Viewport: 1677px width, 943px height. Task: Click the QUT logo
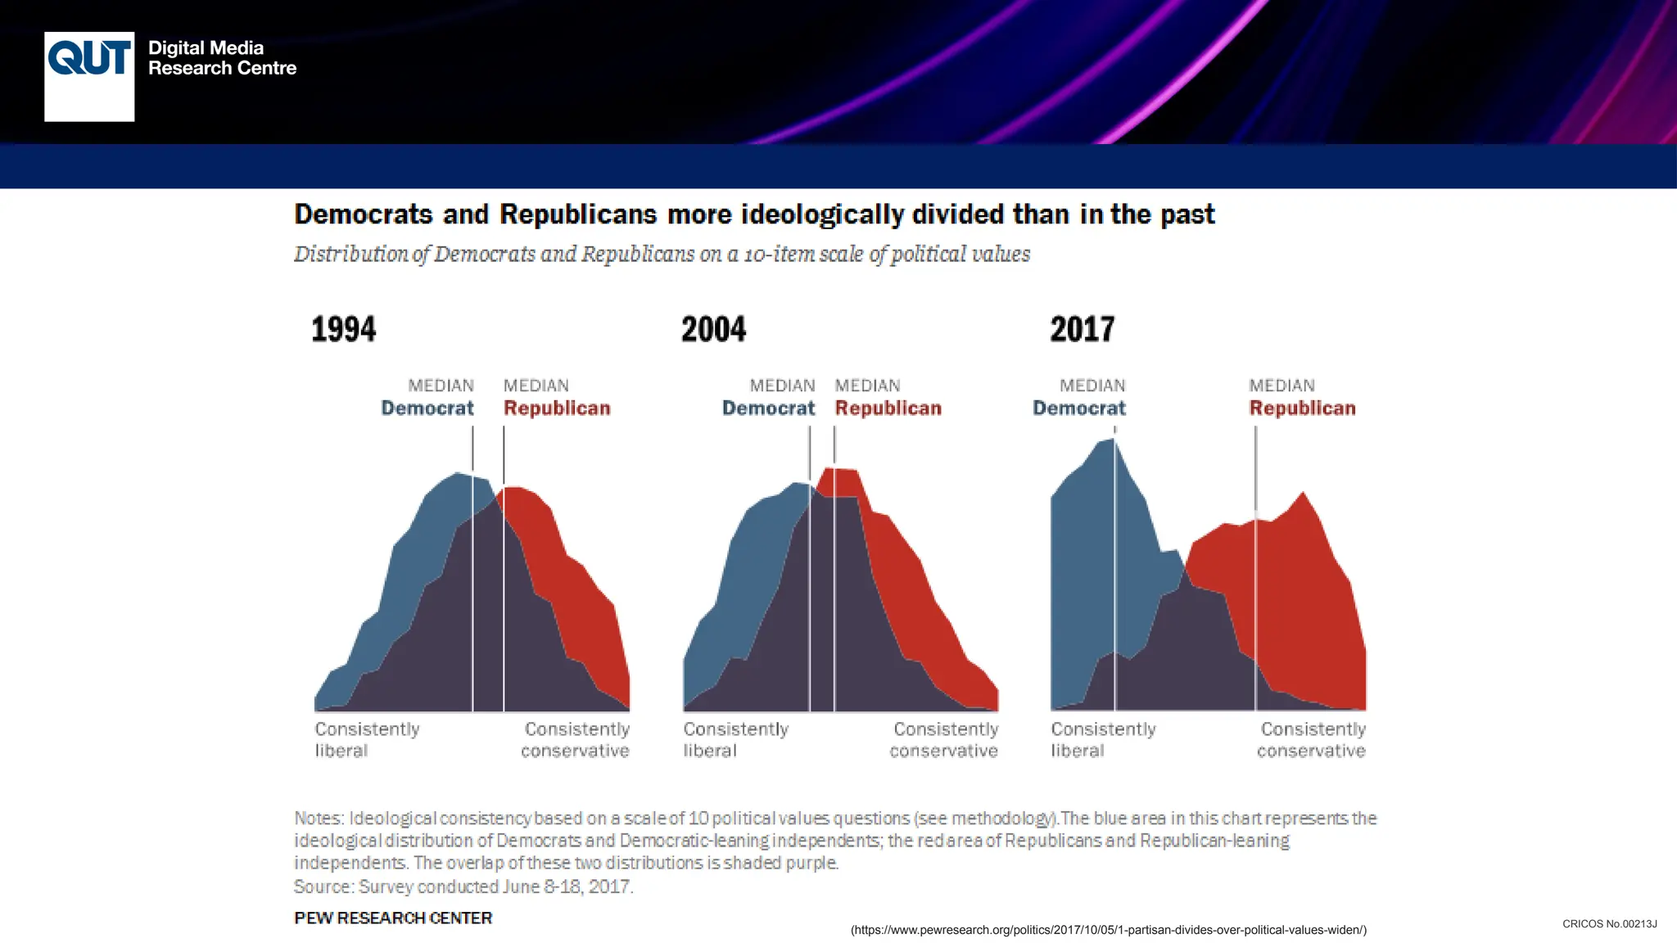[89, 76]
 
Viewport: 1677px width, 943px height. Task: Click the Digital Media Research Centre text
[222, 58]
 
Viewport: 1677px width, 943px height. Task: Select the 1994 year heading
[343, 329]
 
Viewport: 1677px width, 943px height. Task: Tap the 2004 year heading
[713, 329]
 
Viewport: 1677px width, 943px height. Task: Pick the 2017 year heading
[1082, 329]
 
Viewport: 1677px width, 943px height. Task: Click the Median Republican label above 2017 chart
[1301, 398]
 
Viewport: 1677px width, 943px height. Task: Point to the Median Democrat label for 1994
[428, 398]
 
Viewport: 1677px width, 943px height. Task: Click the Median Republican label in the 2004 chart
[888, 398]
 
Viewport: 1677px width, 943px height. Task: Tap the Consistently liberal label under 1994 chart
[367, 739]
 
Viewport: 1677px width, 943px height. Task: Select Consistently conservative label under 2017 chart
[1312, 739]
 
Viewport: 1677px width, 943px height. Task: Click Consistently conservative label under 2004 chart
[944, 739]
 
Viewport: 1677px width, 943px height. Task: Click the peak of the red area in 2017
[1303, 494]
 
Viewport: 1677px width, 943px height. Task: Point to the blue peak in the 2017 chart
[1112, 442]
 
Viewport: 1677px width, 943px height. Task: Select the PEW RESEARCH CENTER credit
[393, 918]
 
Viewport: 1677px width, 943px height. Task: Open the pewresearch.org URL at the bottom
[1108, 930]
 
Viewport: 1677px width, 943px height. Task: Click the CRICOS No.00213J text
[1609, 923]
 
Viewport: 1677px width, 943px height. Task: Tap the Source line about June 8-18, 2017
[463, 887]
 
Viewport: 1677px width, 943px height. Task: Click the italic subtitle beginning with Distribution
[662, 254]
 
